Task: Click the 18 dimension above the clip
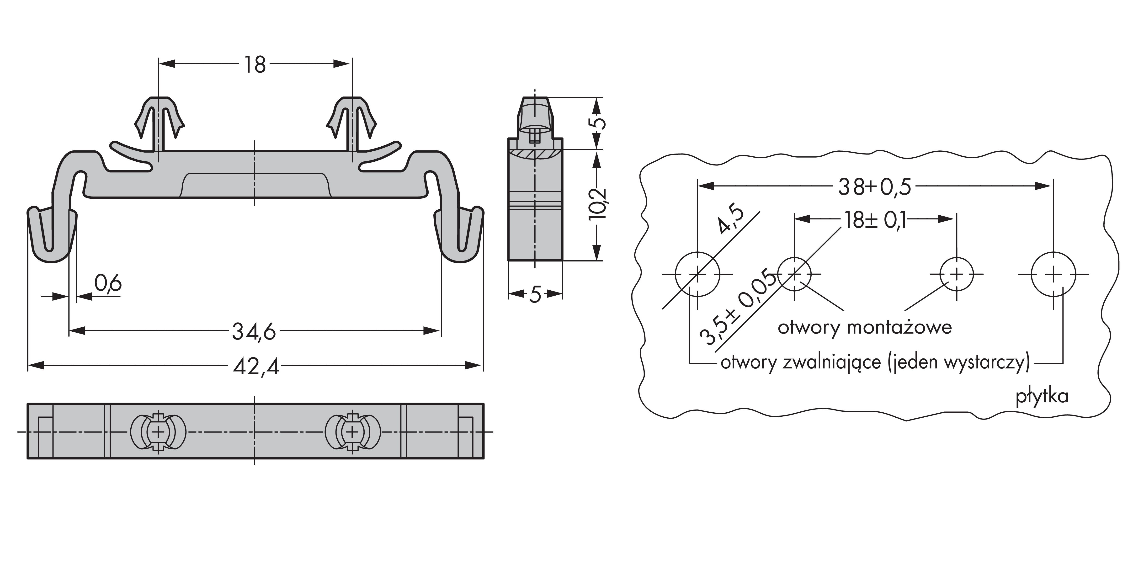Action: [255, 64]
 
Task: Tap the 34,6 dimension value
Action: [254, 331]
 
